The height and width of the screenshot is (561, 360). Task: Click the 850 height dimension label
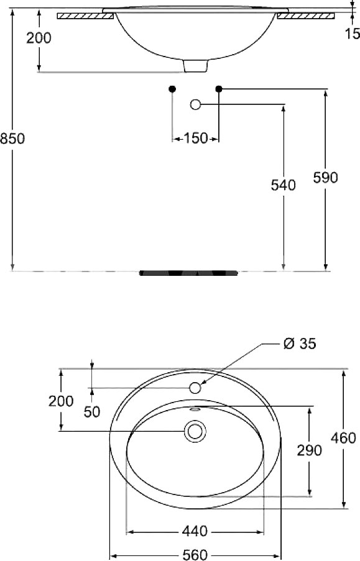pos(12,138)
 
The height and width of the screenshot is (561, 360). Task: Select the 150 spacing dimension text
pos(195,138)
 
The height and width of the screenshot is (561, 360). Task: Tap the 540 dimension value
pos(283,185)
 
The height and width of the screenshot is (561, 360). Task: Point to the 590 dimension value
pos(325,178)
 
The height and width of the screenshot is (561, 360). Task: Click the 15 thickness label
pos(353,34)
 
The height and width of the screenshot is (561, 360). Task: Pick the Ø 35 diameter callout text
pos(300,344)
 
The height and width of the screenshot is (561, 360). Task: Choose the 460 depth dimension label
pos(343,437)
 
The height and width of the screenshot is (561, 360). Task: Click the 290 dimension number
pos(310,450)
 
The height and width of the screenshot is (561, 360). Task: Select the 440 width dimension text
pos(195,531)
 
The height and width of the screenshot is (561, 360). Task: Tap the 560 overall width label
pos(195,555)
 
